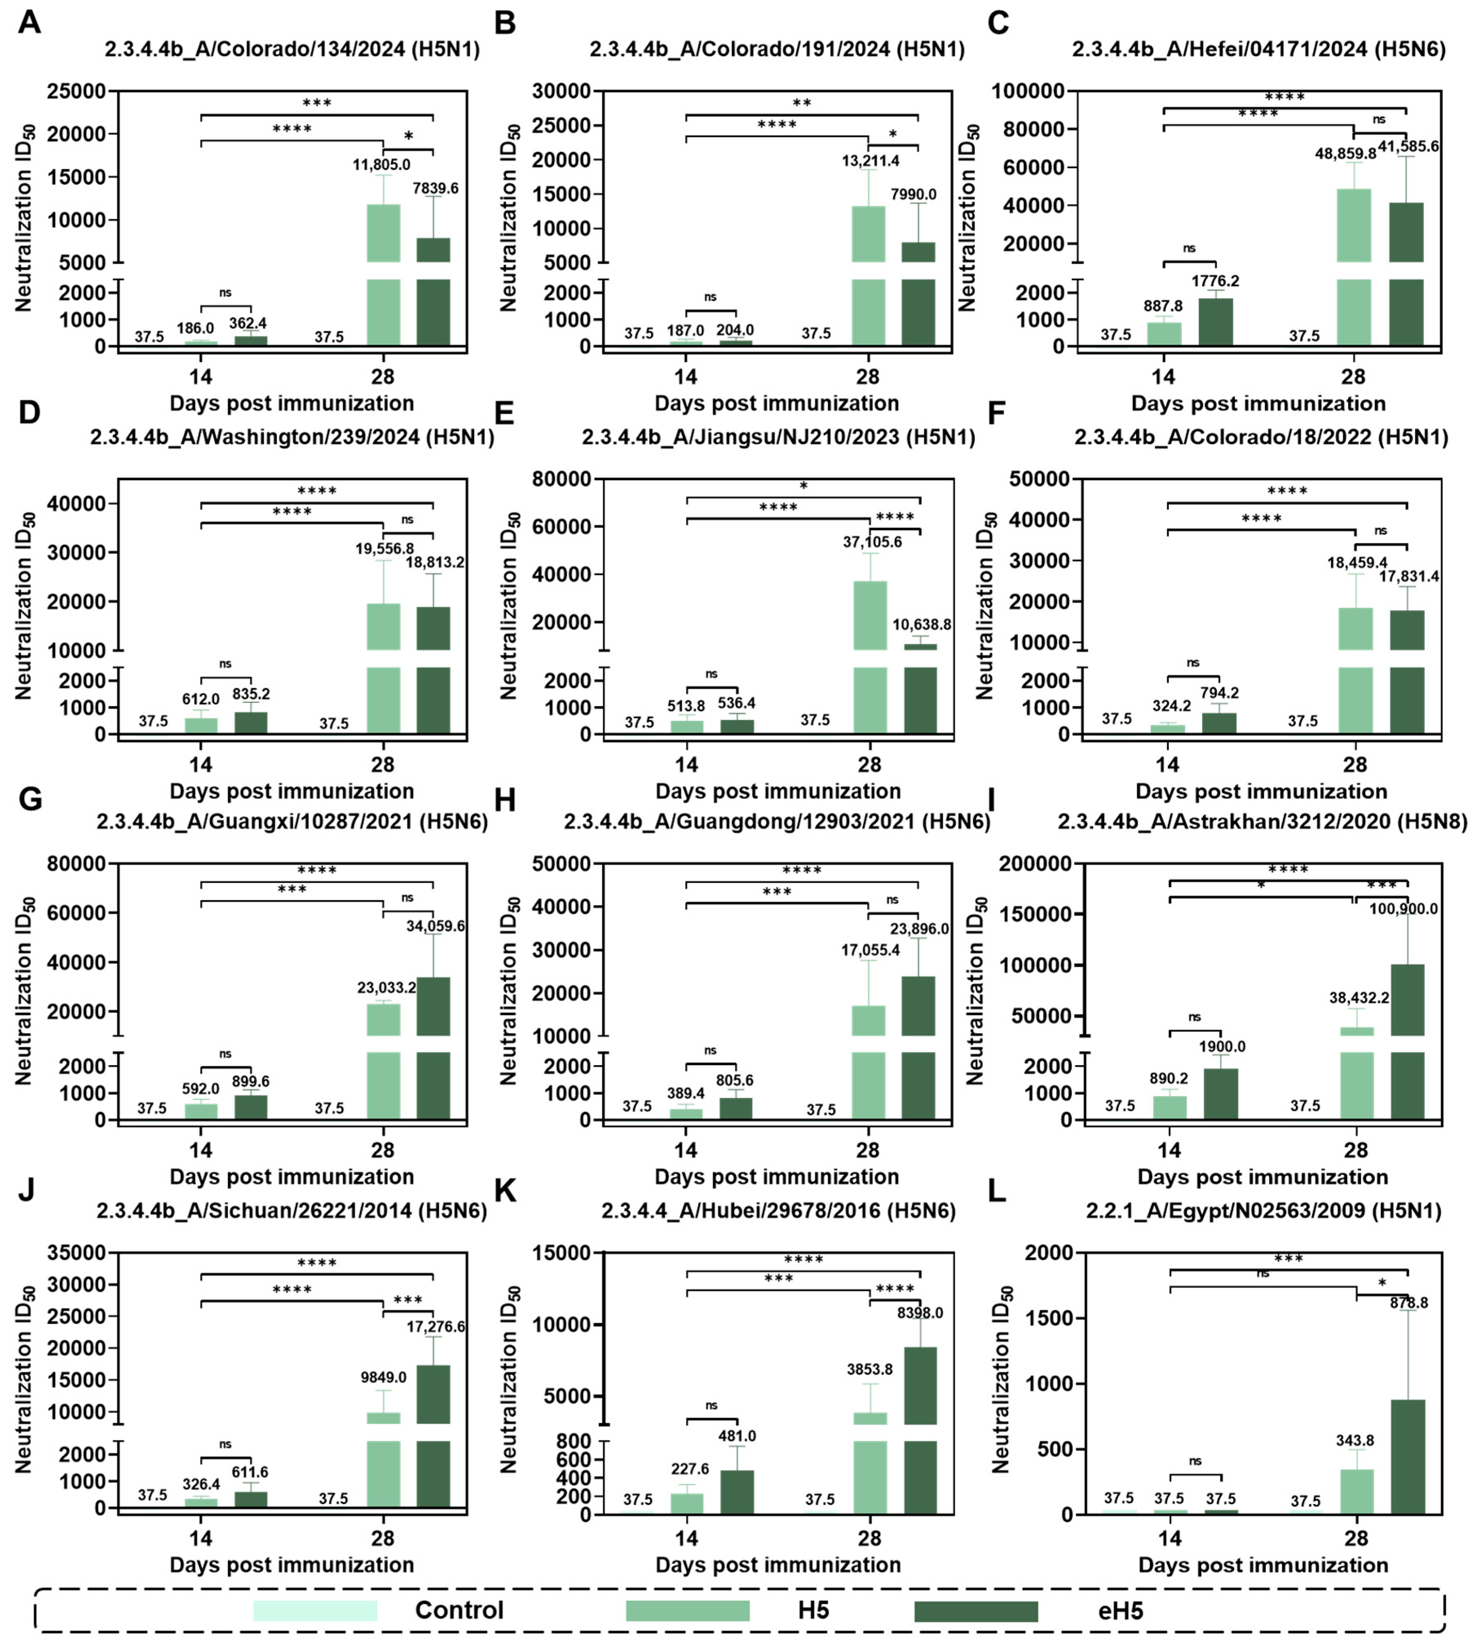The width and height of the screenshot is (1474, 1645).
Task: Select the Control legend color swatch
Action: [x=315, y=1610]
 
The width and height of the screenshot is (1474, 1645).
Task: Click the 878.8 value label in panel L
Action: [x=1409, y=1303]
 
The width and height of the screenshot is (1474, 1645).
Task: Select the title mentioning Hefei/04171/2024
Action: [x=1258, y=49]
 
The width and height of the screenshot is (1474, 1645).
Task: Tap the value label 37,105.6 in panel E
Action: [x=872, y=542]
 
